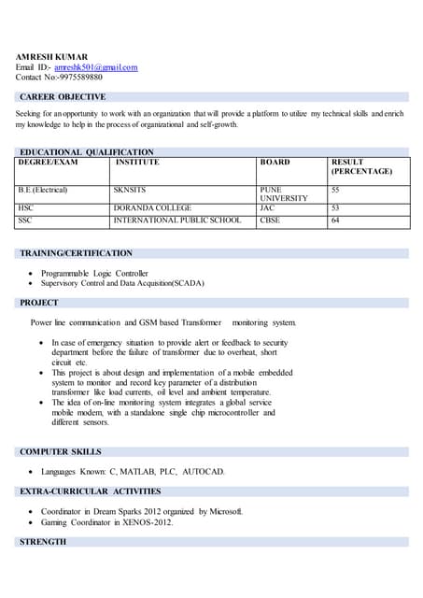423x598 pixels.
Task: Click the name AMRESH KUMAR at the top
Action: click(x=51, y=57)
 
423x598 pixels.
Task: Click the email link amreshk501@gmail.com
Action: click(x=95, y=67)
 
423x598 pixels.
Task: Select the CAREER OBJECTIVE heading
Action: click(x=63, y=97)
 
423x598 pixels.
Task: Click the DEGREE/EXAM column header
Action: click(x=48, y=163)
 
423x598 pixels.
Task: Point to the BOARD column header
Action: click(x=275, y=163)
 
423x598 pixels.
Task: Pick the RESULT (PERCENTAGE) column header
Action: click(x=361, y=167)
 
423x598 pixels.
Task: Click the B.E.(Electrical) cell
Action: click(x=43, y=190)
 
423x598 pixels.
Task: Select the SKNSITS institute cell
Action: click(x=131, y=190)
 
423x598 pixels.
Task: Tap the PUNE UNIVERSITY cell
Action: click(x=283, y=194)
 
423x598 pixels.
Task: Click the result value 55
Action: click(x=336, y=190)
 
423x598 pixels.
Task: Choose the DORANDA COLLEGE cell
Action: click(x=152, y=208)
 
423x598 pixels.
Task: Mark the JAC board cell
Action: click(x=267, y=208)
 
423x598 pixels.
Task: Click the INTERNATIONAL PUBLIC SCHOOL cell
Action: click(x=176, y=221)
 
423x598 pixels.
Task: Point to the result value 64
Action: click(x=336, y=221)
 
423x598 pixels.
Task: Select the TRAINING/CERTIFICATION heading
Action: click(x=76, y=253)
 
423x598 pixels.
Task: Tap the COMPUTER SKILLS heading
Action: click(x=61, y=452)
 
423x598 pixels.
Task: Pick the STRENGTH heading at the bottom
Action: click(x=43, y=542)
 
